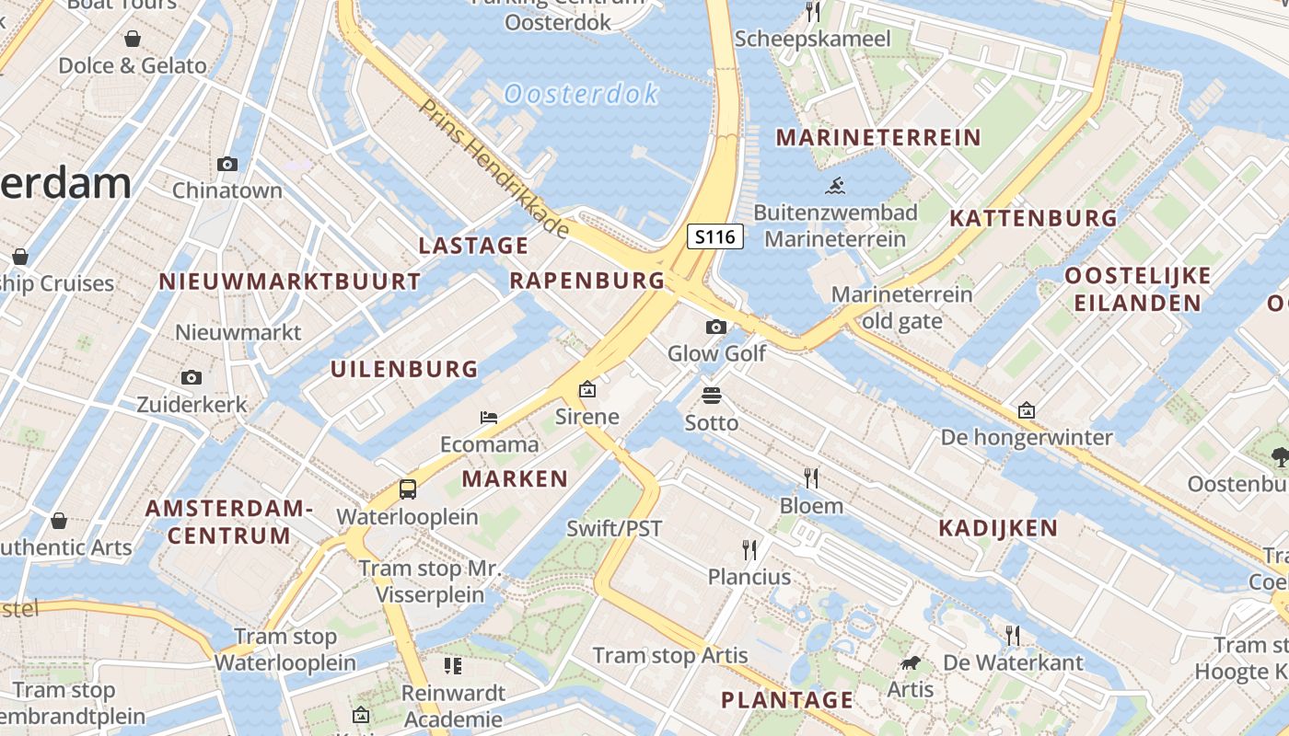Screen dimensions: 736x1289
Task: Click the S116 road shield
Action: pos(715,236)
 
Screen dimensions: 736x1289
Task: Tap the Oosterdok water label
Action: pos(582,93)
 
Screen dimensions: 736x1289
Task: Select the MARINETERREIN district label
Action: pos(878,138)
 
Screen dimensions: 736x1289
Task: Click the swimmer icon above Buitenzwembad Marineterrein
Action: pos(836,186)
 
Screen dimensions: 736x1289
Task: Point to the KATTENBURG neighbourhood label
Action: pos(1033,218)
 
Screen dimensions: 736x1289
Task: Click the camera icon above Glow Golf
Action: pos(716,327)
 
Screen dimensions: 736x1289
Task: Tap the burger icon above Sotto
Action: pos(712,397)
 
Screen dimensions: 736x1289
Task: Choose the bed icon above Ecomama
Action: pos(489,418)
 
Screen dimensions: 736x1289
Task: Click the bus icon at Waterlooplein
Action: pos(408,489)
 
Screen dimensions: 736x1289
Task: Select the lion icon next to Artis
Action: pos(911,662)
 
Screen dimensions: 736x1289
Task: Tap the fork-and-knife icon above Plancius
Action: pos(749,550)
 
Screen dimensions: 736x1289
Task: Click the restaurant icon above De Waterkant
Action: pos(1013,635)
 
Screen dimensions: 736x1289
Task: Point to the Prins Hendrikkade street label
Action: pos(493,166)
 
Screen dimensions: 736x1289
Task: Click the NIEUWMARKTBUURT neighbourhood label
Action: pos(290,282)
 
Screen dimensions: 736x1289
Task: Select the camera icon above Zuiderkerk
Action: pos(192,377)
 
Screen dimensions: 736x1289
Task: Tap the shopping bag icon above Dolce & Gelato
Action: pos(133,39)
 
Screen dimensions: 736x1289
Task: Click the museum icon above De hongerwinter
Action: pos(1027,410)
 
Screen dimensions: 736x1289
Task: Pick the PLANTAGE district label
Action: pos(787,700)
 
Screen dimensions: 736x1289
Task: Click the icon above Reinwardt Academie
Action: pos(453,665)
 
